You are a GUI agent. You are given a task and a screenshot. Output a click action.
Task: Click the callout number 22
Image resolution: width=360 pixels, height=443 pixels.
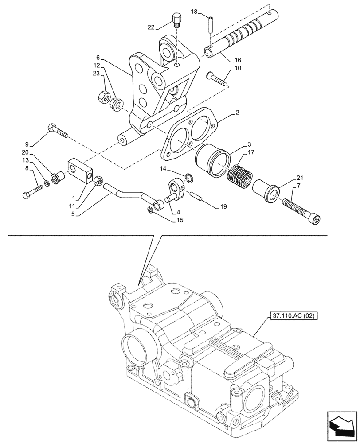pyautogui.click(x=151, y=27)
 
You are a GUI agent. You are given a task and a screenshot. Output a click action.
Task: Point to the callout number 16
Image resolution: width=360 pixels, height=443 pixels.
pyautogui.click(x=238, y=60)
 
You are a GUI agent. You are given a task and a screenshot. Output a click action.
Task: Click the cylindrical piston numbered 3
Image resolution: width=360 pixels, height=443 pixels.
pyautogui.click(x=214, y=159)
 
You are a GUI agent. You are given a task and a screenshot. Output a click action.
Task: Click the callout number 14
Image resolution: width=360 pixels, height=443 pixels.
pyautogui.click(x=164, y=169)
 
